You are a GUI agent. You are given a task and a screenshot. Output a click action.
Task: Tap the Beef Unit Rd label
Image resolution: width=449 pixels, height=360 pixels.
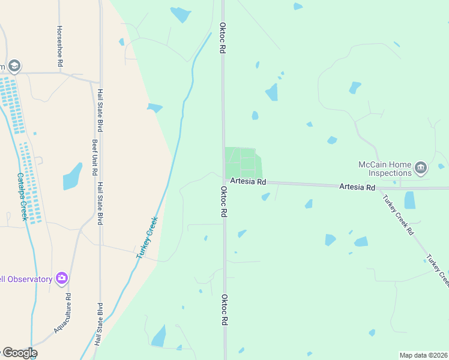[94, 158]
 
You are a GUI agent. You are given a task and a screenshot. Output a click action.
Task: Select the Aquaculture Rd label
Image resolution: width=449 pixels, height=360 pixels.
[62, 313]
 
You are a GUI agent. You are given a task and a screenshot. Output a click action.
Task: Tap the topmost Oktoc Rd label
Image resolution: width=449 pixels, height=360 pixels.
[222, 39]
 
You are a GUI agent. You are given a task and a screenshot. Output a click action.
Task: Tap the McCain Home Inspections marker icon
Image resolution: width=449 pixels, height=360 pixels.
[420, 167]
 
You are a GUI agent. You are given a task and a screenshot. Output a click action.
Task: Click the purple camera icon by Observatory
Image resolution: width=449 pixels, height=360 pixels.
[61, 278]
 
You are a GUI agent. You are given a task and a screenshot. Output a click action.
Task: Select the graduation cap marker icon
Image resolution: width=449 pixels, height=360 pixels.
[14, 66]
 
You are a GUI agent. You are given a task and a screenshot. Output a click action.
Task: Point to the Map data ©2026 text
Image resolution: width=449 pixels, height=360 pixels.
[423, 355]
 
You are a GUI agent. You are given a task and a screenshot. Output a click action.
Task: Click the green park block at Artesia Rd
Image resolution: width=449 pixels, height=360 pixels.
[243, 162]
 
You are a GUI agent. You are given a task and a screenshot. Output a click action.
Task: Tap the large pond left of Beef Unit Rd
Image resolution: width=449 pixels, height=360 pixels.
[72, 176]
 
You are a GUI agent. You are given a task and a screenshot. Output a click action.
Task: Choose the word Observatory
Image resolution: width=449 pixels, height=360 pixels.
[26, 279]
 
